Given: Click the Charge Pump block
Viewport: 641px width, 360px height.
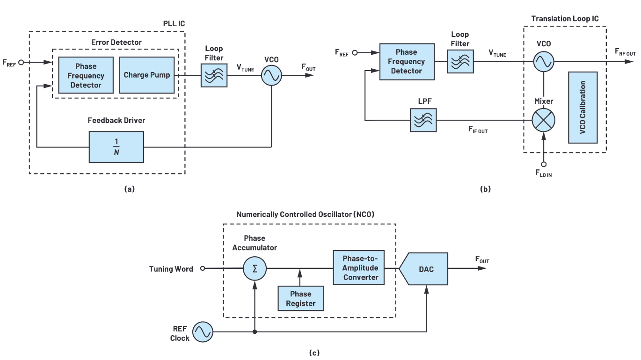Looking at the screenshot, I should (147, 75).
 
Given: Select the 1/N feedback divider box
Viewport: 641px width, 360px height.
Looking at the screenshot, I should (116, 147).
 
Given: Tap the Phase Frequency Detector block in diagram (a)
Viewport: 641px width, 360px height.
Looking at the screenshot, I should (86, 75).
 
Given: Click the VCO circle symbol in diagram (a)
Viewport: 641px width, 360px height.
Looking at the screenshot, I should (271, 75).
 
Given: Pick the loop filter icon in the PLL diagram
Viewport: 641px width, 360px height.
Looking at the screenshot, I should (214, 75).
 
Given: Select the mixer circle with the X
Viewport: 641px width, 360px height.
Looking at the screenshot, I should (544, 120).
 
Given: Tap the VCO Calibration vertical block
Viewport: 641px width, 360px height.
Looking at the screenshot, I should (583, 107).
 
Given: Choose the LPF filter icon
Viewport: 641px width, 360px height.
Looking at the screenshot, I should (423, 120).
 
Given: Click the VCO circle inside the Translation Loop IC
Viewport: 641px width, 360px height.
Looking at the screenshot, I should (544, 61).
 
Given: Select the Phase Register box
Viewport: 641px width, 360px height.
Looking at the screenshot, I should (300, 298).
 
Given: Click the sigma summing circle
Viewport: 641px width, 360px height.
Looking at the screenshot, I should (255, 268).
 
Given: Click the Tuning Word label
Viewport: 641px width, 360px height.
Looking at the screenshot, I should (171, 269).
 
